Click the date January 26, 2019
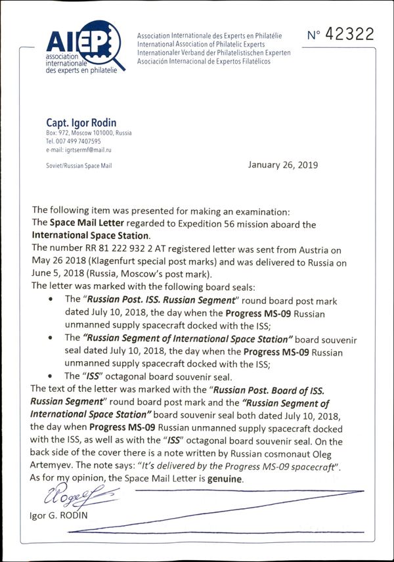283,165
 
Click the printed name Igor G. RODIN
57,515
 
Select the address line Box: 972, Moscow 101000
89,133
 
